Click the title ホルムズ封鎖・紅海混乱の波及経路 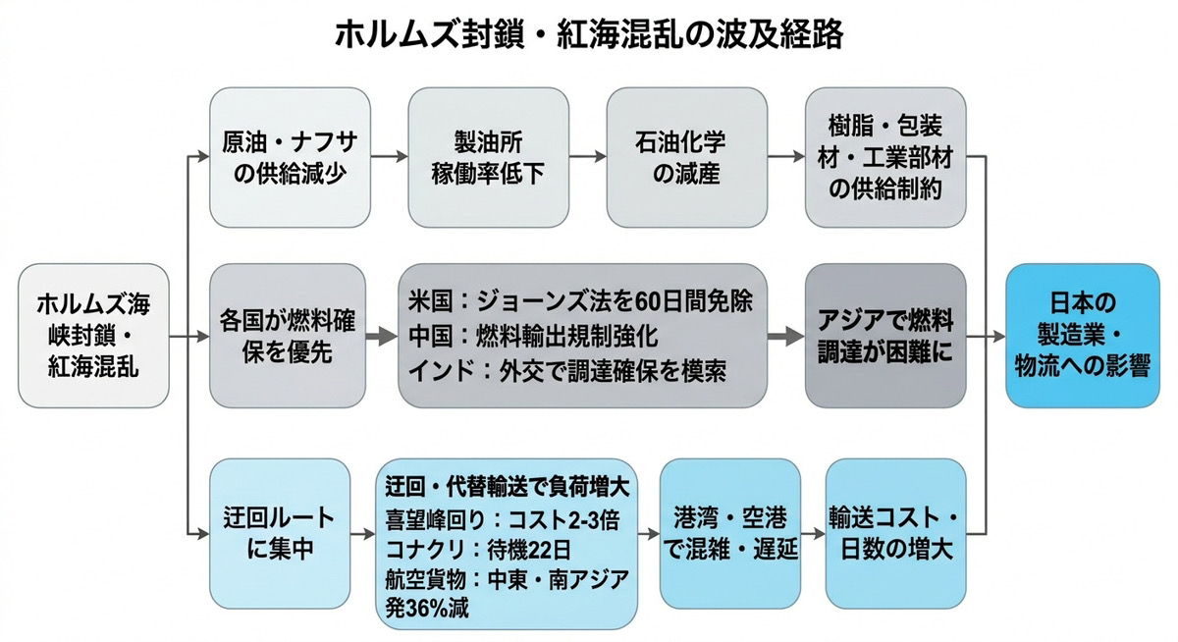coord(589,34)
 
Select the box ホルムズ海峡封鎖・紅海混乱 coord(94,336)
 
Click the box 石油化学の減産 coord(687,157)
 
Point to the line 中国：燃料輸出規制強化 coord(532,336)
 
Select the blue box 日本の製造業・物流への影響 coord(1083,336)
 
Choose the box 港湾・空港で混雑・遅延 coord(728,533)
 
